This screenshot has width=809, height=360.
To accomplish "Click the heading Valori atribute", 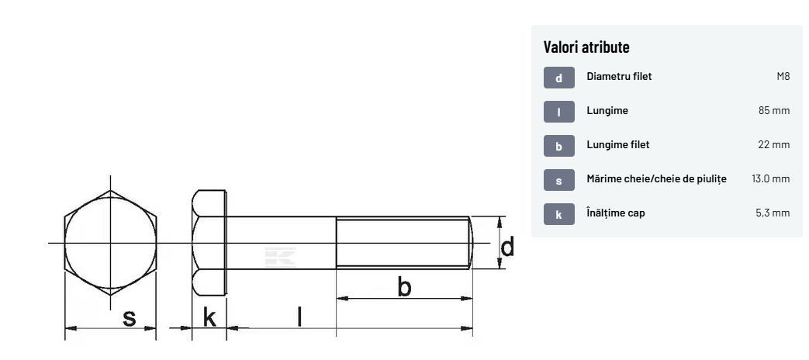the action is [x=586, y=47].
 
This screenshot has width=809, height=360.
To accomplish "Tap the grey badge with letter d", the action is [x=558, y=78].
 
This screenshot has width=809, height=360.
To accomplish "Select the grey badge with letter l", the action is [x=558, y=112].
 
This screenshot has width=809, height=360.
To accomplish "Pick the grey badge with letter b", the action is [x=558, y=146].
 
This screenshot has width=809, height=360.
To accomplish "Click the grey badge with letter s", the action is [x=558, y=180].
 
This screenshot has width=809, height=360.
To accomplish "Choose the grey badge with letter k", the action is [x=558, y=214].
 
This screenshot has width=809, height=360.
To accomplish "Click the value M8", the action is [x=783, y=76].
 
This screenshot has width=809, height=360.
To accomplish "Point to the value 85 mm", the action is [x=774, y=110].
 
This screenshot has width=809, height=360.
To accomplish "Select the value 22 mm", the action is [x=774, y=144].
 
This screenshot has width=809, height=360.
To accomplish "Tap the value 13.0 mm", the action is [x=771, y=178].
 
